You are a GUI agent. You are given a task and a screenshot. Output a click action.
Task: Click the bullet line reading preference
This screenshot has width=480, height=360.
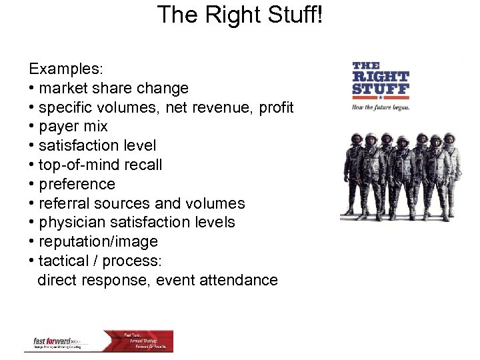77,184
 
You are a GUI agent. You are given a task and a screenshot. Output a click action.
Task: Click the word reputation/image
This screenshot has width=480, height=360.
98,241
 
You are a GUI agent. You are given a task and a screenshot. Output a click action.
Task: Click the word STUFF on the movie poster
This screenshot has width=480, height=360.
381,88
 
